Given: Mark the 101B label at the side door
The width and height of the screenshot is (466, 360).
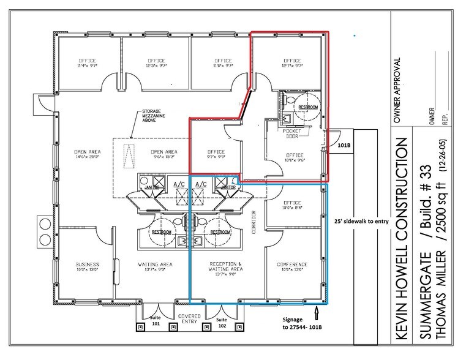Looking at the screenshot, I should pos(343,146).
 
